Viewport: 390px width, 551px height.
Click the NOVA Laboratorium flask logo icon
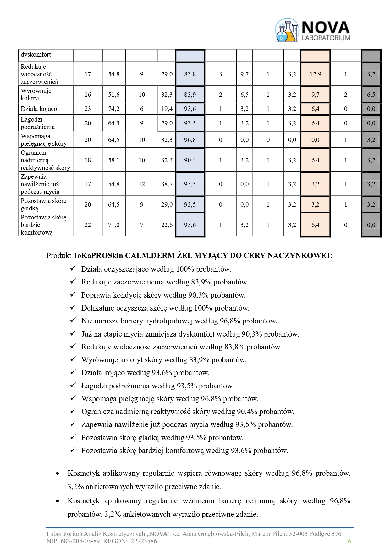[287, 30]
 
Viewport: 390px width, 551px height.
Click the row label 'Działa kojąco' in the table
[39, 109]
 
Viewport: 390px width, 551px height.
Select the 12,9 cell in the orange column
[315, 74]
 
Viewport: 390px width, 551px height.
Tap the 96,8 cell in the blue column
[190, 140]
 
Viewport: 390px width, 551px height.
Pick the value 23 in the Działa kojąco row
[88, 109]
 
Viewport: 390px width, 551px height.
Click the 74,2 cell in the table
[114, 109]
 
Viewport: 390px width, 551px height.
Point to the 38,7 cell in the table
[167, 184]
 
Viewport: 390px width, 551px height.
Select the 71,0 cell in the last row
[114, 225]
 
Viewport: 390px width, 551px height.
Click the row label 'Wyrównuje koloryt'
[36, 94]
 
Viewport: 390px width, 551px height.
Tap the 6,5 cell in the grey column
[371, 95]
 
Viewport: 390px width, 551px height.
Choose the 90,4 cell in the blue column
[190, 160]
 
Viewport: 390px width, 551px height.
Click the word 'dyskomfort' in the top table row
[36, 55]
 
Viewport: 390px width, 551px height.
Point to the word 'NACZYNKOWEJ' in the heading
[298, 255]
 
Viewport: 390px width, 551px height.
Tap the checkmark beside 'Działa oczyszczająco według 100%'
[73, 269]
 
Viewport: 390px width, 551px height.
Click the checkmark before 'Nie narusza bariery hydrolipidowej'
[73, 321]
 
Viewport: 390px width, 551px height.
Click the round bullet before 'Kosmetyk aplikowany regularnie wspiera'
[57, 473]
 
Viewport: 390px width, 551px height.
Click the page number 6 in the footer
[349, 541]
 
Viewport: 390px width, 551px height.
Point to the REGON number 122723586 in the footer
[141, 541]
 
